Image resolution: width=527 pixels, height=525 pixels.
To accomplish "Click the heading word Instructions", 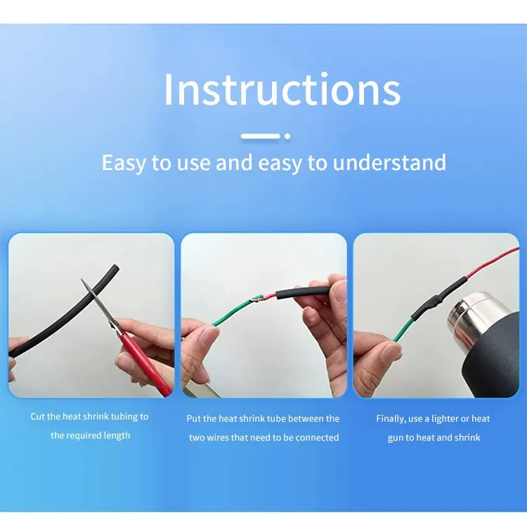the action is pos(282,89).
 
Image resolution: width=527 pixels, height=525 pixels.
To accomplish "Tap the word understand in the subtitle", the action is pos(389,162).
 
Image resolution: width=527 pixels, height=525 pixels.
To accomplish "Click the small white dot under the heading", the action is pos(287,136).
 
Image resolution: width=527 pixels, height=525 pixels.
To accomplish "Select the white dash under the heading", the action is pos(261,136).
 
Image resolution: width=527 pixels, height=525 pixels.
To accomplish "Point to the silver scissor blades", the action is pos(98,304).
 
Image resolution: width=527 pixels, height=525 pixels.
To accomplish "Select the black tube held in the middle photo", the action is pos(302,292).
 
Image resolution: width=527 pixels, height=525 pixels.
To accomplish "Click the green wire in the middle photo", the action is pos(232,311).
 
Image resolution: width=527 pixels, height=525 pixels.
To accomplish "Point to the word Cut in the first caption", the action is pos(38,417).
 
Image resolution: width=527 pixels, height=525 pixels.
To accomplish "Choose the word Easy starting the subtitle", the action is pos(124,163).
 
